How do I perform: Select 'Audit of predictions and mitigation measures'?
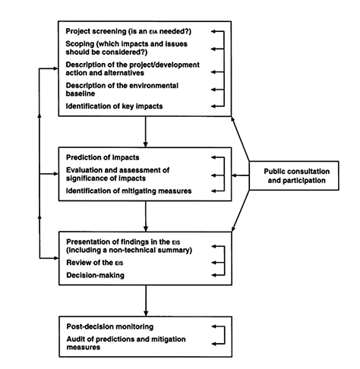point(122,342)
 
